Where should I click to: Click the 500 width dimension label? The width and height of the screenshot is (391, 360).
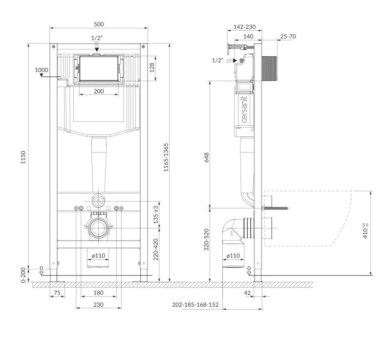(x=99, y=24)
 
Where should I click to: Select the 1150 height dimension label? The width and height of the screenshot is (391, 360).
(x=23, y=157)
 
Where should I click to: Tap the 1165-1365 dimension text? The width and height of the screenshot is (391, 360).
(x=166, y=157)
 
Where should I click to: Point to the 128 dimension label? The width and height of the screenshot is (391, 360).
(x=152, y=67)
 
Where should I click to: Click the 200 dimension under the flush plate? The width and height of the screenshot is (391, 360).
(x=99, y=91)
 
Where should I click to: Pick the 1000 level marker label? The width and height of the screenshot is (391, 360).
(x=42, y=70)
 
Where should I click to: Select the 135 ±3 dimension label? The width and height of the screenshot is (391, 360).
(x=156, y=215)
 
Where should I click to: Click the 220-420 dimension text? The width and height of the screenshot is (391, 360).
(x=156, y=249)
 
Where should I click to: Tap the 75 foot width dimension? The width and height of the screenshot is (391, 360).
(x=57, y=292)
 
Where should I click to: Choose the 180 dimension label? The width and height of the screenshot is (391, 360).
(x=98, y=292)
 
